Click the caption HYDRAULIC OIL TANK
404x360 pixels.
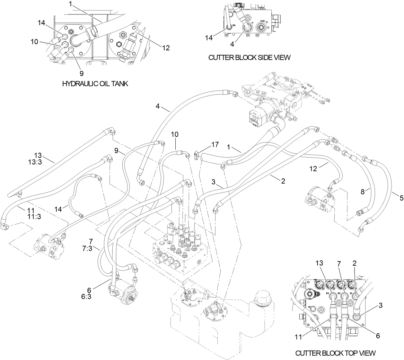[x=95, y=84]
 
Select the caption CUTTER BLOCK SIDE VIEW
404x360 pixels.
[x=249, y=57]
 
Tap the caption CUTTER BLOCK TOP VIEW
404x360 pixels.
[x=335, y=353]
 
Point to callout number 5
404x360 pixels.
[x=401, y=198]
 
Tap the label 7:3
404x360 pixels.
[x=86, y=247]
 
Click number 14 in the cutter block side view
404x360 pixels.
[x=209, y=38]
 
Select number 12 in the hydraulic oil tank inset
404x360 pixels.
[x=166, y=48]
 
